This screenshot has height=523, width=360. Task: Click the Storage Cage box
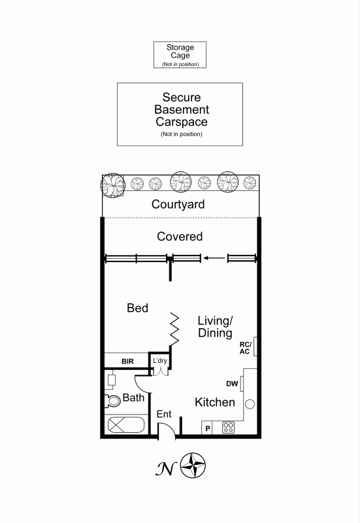180,55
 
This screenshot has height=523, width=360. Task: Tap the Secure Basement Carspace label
182,110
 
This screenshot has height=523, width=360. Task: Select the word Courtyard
178,205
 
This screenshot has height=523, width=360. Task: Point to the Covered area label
180,237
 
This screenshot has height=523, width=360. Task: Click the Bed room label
137,308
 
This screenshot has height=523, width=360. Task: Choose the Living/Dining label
215,326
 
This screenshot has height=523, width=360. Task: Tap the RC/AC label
245,348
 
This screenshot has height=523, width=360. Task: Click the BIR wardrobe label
127,362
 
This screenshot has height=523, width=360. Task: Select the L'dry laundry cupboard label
160,361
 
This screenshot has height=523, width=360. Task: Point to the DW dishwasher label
232,384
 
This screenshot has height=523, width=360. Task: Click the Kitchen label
215,402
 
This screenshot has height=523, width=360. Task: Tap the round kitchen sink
250,404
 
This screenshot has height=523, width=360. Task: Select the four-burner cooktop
228,428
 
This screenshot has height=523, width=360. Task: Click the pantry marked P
207,428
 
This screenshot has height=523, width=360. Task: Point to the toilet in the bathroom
112,401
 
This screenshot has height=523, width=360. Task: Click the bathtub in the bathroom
126,425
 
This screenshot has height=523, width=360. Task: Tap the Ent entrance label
164,414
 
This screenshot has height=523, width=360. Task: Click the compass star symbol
193,465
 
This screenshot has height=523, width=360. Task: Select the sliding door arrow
214,258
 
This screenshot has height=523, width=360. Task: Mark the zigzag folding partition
174,329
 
